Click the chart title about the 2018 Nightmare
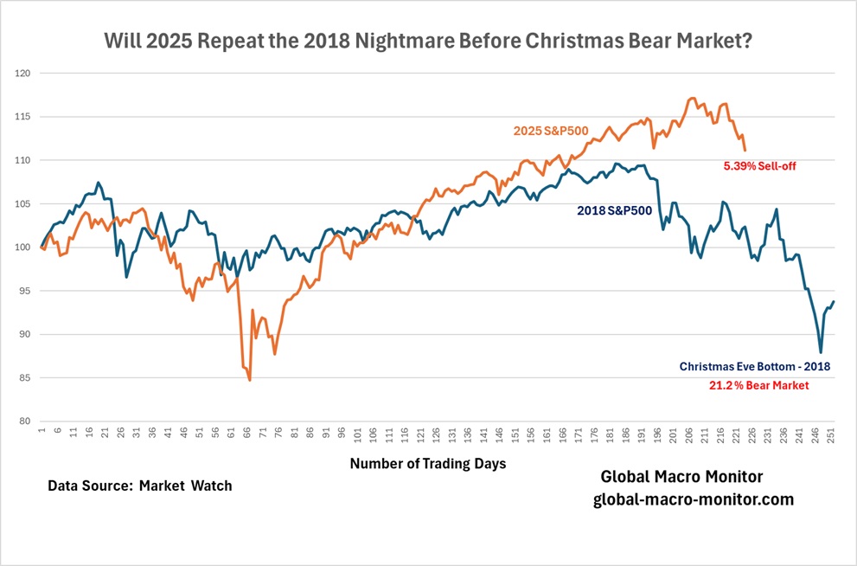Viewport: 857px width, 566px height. (427, 41)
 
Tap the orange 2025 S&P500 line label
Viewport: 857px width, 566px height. (552, 131)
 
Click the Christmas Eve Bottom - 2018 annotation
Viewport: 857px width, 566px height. (754, 366)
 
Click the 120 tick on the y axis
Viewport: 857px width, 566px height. (23, 74)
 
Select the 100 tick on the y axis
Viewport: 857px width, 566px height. (23, 248)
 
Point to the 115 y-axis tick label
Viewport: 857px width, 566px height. (23, 117)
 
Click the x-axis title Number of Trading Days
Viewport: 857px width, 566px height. (428, 464)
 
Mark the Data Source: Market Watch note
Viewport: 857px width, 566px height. (140, 486)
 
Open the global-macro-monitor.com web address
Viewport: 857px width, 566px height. (694, 500)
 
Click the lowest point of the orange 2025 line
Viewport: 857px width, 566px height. (249, 380)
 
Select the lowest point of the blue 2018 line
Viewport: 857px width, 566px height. (821, 352)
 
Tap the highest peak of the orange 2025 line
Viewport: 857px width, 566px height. (693, 98)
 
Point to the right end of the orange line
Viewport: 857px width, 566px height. (745, 151)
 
